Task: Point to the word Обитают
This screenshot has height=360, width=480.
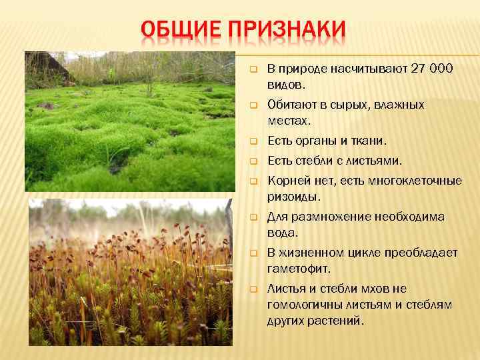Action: [289, 105]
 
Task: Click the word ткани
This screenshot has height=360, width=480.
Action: [369, 141]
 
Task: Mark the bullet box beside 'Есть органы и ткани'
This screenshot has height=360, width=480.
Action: [253, 141]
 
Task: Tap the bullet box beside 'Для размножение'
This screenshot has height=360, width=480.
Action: [253, 217]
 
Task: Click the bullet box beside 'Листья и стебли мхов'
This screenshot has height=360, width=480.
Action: [253, 289]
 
